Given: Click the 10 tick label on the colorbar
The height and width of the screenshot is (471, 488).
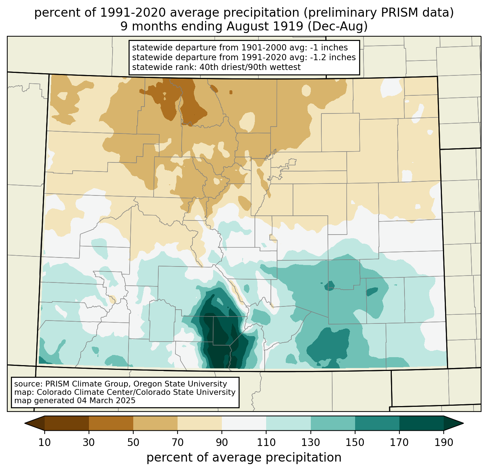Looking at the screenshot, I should click(x=45, y=443).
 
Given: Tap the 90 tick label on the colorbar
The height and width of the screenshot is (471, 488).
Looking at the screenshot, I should click(x=222, y=443).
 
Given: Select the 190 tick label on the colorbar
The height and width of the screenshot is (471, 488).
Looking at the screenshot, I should click(x=444, y=443).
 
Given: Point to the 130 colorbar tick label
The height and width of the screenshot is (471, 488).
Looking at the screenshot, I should click(x=311, y=443).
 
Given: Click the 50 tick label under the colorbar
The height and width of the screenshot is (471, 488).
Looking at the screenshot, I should click(x=133, y=443).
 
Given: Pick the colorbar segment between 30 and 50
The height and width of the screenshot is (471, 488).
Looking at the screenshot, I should click(x=111, y=423).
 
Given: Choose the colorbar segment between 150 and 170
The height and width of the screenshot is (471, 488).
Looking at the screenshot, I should click(x=377, y=423).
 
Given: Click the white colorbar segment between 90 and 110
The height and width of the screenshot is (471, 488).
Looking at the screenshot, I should click(x=244, y=423).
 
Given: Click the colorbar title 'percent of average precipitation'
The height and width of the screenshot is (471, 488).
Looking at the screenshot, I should click(x=244, y=458).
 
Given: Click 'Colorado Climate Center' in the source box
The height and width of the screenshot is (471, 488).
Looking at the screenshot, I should click(x=78, y=392).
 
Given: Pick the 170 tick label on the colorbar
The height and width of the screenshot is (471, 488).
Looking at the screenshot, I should click(x=399, y=443).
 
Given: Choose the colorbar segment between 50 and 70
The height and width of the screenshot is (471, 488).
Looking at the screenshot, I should click(x=155, y=423).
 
